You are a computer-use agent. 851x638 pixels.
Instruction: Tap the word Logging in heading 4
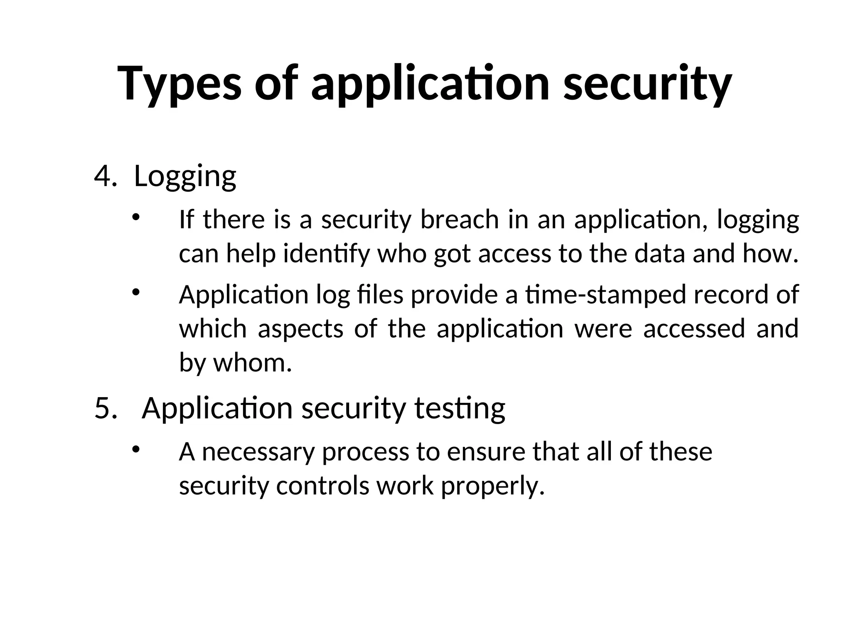pyautogui.click(x=185, y=176)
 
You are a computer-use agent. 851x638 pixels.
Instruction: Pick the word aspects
pyautogui.click(x=300, y=329)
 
